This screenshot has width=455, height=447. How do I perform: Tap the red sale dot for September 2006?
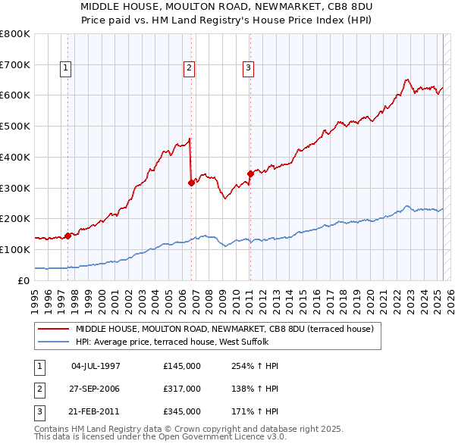pyautogui.click(x=191, y=182)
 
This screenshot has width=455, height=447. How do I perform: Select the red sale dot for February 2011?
pyautogui.click(x=249, y=173)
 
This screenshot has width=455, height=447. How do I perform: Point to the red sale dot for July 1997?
pyautogui.click(x=67, y=236)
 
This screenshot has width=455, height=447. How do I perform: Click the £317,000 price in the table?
pyautogui.click(x=182, y=389)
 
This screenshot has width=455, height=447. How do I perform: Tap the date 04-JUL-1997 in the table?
pyautogui.click(x=96, y=366)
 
